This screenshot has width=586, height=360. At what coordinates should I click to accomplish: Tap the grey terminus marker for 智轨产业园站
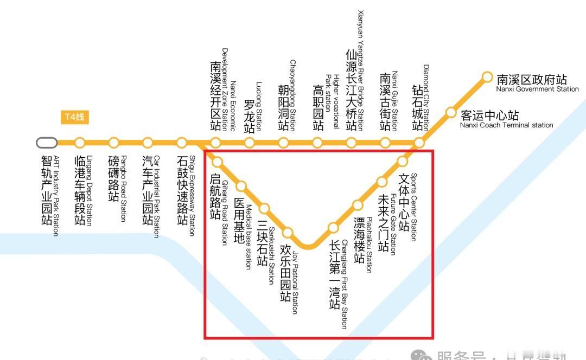[x=47, y=143]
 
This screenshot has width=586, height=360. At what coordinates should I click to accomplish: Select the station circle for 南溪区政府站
[x=487, y=78]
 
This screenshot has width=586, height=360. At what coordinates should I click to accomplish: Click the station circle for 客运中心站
[x=451, y=113]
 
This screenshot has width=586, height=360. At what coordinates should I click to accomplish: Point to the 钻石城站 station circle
[x=419, y=143]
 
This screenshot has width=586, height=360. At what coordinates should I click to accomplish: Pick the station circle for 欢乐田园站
[x=288, y=233]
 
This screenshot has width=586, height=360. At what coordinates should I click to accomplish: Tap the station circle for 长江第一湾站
[x=333, y=228]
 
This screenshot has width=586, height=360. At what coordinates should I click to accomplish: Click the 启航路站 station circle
[x=218, y=162]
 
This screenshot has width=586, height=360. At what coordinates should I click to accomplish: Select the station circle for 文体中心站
[x=403, y=161]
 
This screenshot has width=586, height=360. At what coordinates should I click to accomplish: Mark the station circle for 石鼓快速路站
[x=182, y=143]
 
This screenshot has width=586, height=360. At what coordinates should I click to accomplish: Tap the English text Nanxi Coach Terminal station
[x=506, y=125]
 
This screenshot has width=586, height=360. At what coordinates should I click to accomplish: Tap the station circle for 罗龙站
[x=250, y=143]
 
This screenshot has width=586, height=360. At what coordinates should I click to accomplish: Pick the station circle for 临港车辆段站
[x=80, y=143]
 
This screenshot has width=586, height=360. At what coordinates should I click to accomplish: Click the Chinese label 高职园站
[x=318, y=108]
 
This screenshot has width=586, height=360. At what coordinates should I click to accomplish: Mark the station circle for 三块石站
[x=264, y=209]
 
